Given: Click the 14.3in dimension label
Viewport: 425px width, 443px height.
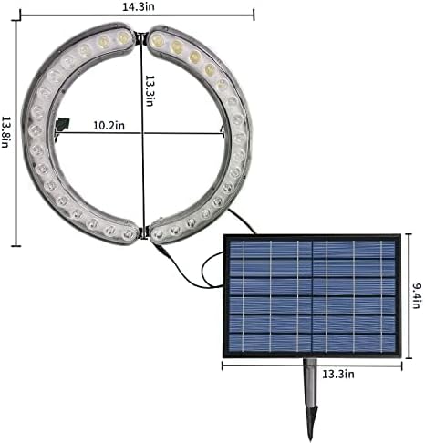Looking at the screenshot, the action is [x=139, y=6].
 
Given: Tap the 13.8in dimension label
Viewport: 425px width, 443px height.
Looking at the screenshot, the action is [x=5, y=132].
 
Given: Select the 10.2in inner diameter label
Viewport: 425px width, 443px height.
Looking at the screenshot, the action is [x=109, y=126].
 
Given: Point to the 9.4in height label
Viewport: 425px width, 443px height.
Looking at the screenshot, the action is [x=417, y=295].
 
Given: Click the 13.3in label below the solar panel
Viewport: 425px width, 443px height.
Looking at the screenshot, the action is [x=338, y=374].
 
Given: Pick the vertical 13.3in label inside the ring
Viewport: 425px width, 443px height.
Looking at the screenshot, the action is [x=150, y=91].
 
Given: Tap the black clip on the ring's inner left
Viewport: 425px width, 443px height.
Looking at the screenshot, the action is [x=63, y=124].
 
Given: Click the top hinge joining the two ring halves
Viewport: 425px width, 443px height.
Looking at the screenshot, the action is [x=141, y=36].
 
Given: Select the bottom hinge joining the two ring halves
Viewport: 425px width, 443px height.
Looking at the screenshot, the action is [x=144, y=232].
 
